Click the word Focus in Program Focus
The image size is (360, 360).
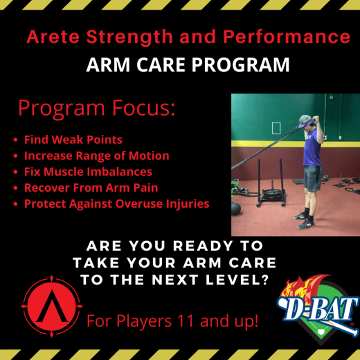point(139,109)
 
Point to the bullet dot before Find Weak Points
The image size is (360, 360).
point(16,139)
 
